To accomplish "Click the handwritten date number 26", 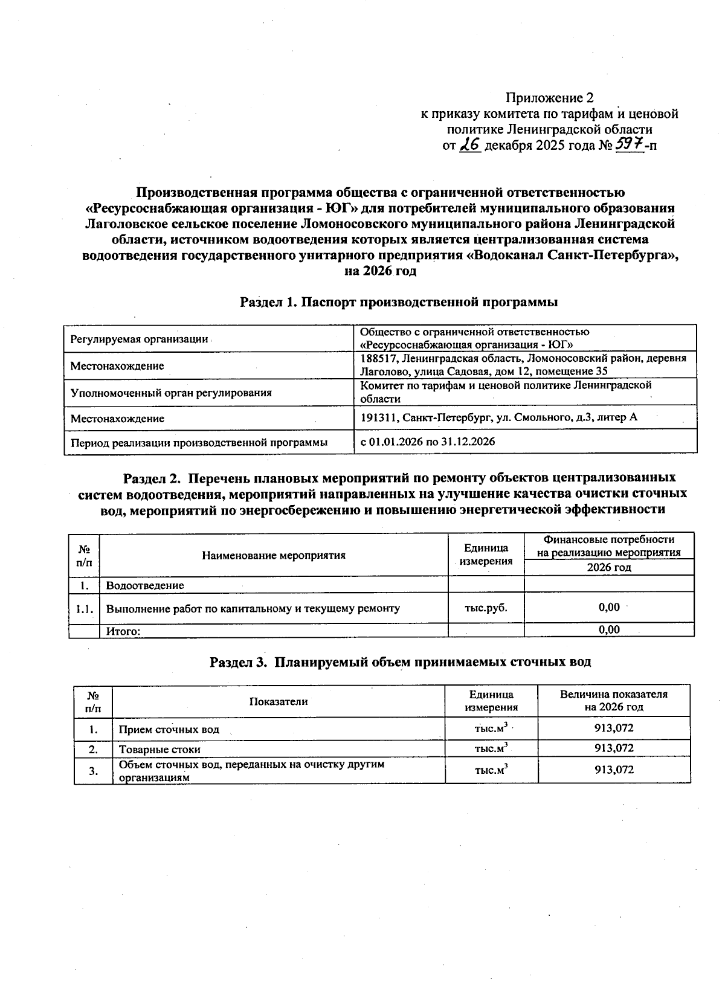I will coord(470,145).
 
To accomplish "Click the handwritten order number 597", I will coord(628,145).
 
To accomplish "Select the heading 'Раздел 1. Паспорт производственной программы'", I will coord(398,302).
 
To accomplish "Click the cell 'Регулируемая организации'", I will coord(139,339).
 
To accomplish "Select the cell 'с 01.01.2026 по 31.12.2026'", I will coord(428,442).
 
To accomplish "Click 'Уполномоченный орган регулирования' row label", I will coord(171,393).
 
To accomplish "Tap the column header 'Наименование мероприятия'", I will coord(274,555).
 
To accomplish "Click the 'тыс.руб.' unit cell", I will coord(486,608).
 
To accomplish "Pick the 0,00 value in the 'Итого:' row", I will coord(609,630).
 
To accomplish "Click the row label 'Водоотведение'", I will coord(145,585).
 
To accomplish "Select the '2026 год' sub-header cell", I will coord(609,568).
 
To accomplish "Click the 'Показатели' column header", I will coord(279,701).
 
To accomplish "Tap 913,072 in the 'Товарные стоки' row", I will coord(614,748).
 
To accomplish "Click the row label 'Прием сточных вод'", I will coord(169,730).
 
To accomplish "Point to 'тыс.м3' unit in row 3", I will coord(491,771).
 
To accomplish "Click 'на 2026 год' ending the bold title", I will coord(380,271).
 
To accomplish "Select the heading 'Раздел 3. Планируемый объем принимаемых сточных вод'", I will coord(400,662).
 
